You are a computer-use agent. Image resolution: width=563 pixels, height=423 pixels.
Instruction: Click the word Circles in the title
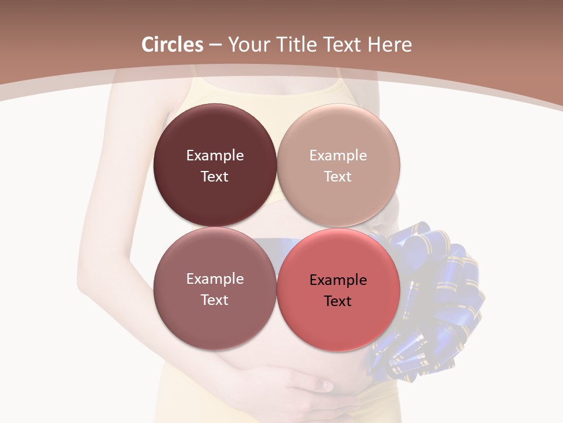(x=172, y=45)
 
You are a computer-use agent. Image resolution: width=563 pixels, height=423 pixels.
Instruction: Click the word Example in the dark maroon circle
(x=215, y=156)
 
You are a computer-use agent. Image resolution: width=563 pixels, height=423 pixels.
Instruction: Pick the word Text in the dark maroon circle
(x=215, y=177)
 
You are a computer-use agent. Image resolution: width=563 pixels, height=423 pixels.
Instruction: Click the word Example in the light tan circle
(x=338, y=156)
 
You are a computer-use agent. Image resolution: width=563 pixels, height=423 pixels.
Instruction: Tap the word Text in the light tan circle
(x=338, y=177)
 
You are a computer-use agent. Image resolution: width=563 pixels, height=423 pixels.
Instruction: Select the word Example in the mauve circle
(x=215, y=279)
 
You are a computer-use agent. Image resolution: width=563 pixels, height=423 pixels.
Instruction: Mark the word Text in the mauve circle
(x=215, y=300)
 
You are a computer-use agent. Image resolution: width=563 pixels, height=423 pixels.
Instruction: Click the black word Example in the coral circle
(x=338, y=280)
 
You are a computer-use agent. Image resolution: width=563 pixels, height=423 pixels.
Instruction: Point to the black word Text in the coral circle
(x=338, y=301)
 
